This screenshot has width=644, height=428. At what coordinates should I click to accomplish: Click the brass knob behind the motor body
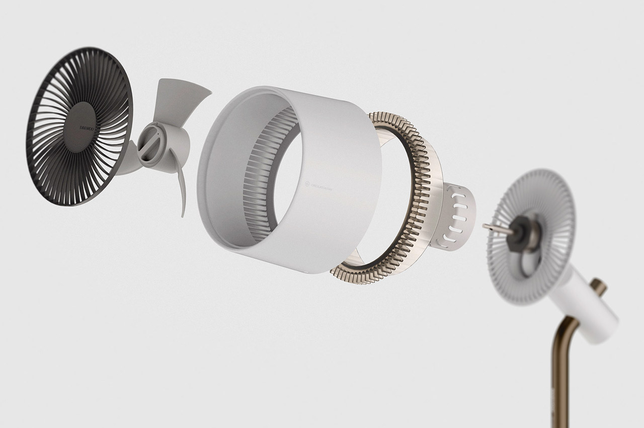pyautogui.click(x=599, y=287)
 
